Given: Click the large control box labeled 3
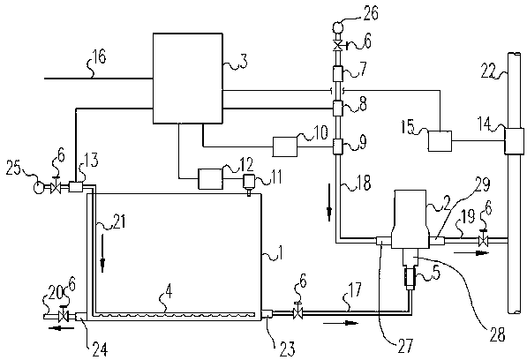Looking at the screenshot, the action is pos(187,78).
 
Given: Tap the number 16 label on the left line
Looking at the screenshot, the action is pos(99,56).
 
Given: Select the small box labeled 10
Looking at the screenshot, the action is pos(284,146).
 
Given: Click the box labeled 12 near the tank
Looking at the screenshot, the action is pos(210,179).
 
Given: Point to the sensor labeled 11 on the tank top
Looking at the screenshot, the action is pos(249,184).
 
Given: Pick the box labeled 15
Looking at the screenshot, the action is pos(440,141).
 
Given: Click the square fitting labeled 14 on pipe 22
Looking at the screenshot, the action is pos(515,141).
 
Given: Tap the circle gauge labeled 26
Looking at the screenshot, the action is pos(337,26).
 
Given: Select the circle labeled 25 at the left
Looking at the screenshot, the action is pos(39,187).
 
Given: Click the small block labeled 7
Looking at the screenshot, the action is pos(337,73).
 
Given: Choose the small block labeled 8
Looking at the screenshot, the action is pos(337,109).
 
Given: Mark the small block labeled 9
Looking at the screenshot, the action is pos(337,146).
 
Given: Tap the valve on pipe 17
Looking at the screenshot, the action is pos(297,312).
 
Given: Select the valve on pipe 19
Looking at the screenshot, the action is pos(484,238).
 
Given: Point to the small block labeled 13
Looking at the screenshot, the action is pos(76,187).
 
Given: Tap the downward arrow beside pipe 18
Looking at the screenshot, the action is pos(329,202).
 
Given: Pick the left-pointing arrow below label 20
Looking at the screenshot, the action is pos(61,327).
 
